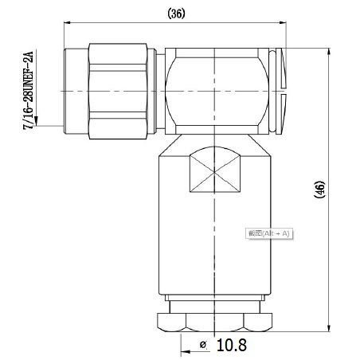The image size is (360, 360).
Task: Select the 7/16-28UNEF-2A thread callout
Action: coord(30,88)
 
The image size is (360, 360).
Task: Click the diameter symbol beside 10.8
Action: coord(203,345)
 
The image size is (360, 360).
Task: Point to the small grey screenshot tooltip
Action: coord(270,233)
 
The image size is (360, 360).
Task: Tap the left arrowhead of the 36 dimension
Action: coord(68,25)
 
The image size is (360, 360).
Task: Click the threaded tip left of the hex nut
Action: coord(76,89)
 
